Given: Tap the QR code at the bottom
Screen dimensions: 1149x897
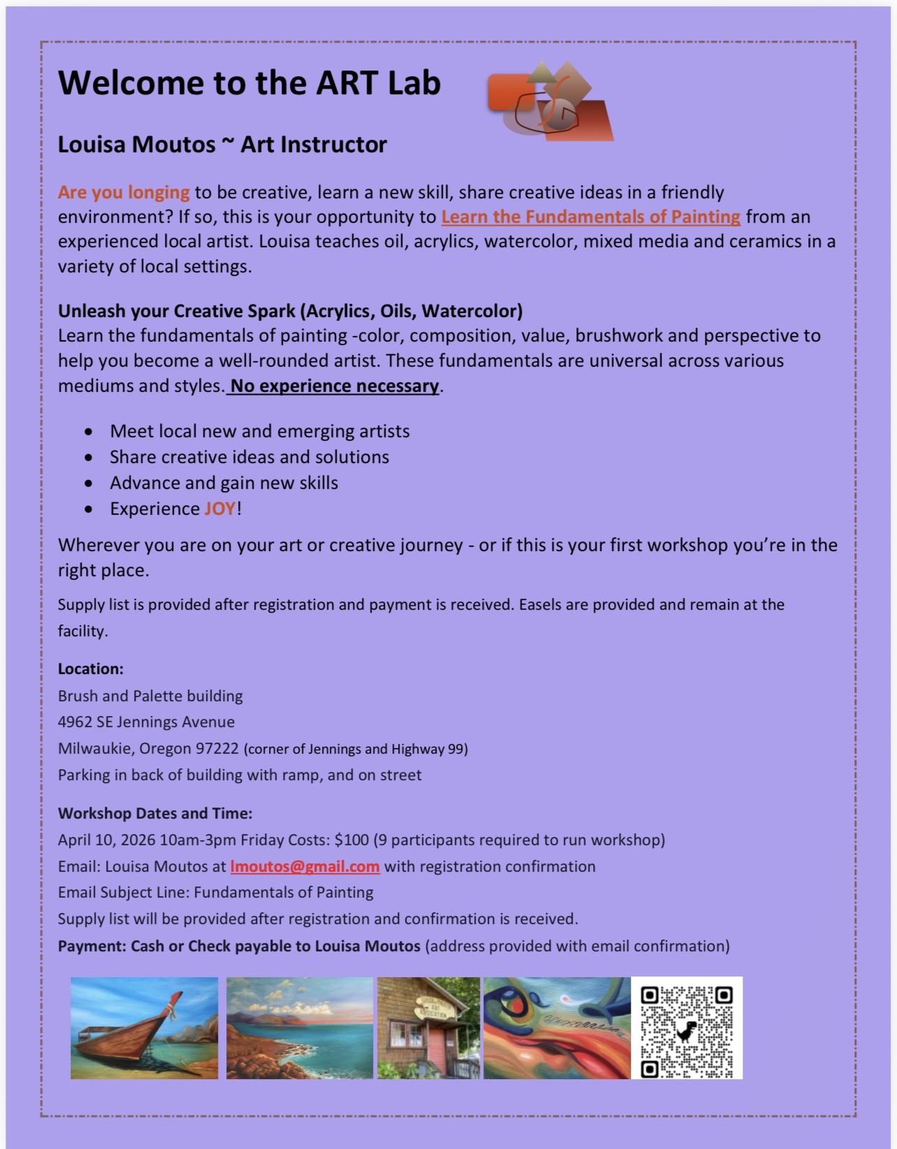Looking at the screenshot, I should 687,1027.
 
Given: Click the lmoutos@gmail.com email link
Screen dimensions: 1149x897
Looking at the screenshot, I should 305,867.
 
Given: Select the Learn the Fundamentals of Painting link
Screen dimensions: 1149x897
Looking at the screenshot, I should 590,217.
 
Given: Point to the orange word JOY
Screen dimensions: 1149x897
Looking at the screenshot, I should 220,509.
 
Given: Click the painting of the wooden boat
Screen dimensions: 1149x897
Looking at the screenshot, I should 144,1028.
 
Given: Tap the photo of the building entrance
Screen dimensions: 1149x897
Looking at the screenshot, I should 428,1028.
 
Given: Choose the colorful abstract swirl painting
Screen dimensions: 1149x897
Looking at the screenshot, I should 557,1028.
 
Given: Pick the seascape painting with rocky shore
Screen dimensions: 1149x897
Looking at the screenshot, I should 300,1028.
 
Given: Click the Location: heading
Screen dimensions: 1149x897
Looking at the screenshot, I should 91,669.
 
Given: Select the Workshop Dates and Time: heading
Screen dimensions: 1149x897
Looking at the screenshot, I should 155,814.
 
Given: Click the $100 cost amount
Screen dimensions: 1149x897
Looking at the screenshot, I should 351,840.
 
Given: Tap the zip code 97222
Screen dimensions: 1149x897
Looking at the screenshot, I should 217,749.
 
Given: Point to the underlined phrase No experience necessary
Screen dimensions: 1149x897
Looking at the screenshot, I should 335,386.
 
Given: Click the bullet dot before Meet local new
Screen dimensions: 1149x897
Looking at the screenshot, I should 88,432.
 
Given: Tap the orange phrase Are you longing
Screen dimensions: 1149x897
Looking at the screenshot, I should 124,193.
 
